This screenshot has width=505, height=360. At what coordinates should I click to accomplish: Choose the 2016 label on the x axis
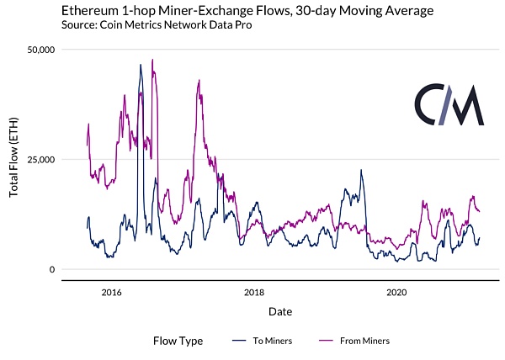112,293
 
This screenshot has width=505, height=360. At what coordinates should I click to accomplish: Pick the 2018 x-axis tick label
254,293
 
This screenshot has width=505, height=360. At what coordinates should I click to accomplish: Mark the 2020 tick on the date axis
396,293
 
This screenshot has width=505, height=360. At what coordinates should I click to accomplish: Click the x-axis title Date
280,311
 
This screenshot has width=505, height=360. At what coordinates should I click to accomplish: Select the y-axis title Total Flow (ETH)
14,160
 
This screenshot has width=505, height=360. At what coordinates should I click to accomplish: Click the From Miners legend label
364,341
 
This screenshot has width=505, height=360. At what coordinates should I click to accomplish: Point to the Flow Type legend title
178,341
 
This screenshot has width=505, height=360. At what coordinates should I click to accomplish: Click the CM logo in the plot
449,104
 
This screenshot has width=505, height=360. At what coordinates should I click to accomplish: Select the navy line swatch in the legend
240,341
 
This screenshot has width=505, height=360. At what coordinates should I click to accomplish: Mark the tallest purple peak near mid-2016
152,60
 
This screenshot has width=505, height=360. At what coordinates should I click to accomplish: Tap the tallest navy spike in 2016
141,64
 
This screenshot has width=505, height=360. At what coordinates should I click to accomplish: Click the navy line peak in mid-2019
361,170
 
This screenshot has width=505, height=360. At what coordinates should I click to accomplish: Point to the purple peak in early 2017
199,81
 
